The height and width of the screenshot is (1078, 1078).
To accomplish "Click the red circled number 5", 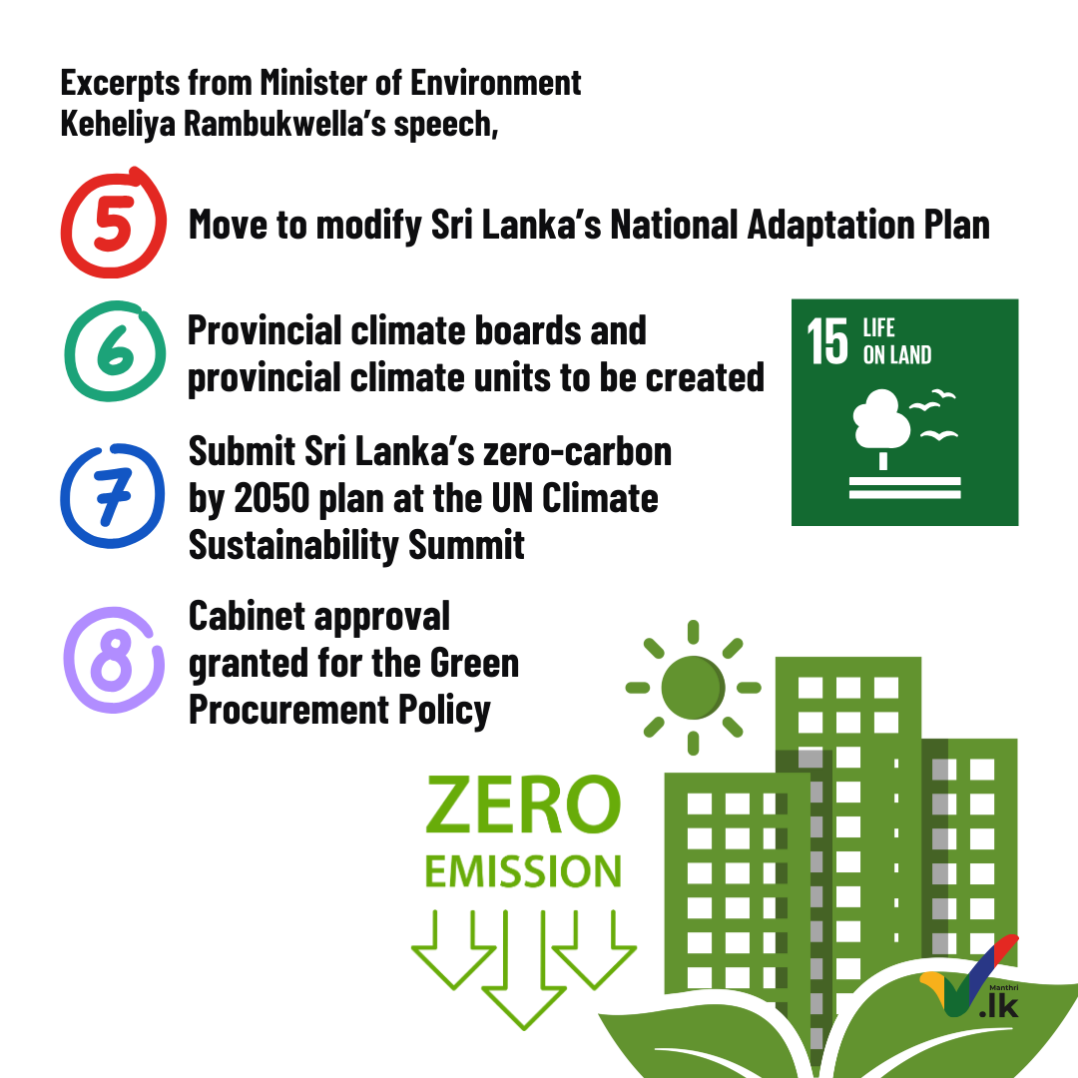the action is coord(114,223).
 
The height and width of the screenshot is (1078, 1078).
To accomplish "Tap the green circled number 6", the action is coord(115,351).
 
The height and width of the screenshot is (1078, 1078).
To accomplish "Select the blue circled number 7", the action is coord(113,495).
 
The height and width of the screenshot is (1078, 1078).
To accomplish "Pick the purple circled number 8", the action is coord(114,660).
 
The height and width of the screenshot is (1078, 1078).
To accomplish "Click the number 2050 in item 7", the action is coord(272,498).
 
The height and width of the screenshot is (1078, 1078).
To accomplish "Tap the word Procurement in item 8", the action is coord(288,711).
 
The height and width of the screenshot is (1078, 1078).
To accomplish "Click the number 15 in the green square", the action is coord(827,341).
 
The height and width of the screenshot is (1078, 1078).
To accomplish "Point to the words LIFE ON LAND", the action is coord(897,341).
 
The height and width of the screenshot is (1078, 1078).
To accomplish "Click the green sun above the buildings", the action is coord(693,688).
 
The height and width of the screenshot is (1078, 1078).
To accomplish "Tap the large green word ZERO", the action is coord(523,805).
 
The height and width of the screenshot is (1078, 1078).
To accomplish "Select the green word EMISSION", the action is coord(523,871).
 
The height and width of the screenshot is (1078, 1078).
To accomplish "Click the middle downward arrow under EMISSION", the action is coord(524,969).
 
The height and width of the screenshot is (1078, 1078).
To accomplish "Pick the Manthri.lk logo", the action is coord(970,977).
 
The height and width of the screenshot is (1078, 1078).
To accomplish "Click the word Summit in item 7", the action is coord(467,545).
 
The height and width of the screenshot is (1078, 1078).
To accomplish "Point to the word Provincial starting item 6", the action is coord(265,330).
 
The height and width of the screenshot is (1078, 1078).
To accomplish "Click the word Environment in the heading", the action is coord(496,83).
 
